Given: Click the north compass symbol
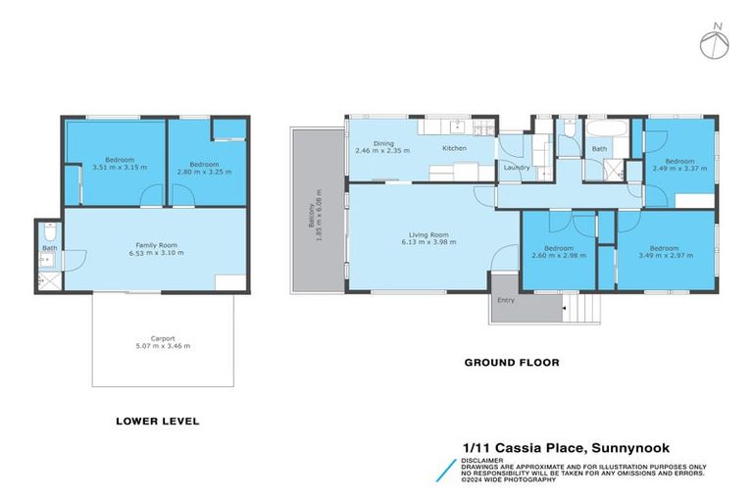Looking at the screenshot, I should (715, 42).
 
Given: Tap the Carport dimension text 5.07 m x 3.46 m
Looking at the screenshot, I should (163, 346).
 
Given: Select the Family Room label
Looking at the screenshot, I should (157, 246).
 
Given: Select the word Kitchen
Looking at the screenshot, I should (454, 148).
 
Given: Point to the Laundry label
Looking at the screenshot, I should (516, 168).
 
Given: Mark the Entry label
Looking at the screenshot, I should (506, 300).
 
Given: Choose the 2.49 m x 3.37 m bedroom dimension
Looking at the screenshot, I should (679, 168).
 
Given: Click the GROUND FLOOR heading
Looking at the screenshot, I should (511, 363).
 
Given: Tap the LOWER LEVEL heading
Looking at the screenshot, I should (157, 421).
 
